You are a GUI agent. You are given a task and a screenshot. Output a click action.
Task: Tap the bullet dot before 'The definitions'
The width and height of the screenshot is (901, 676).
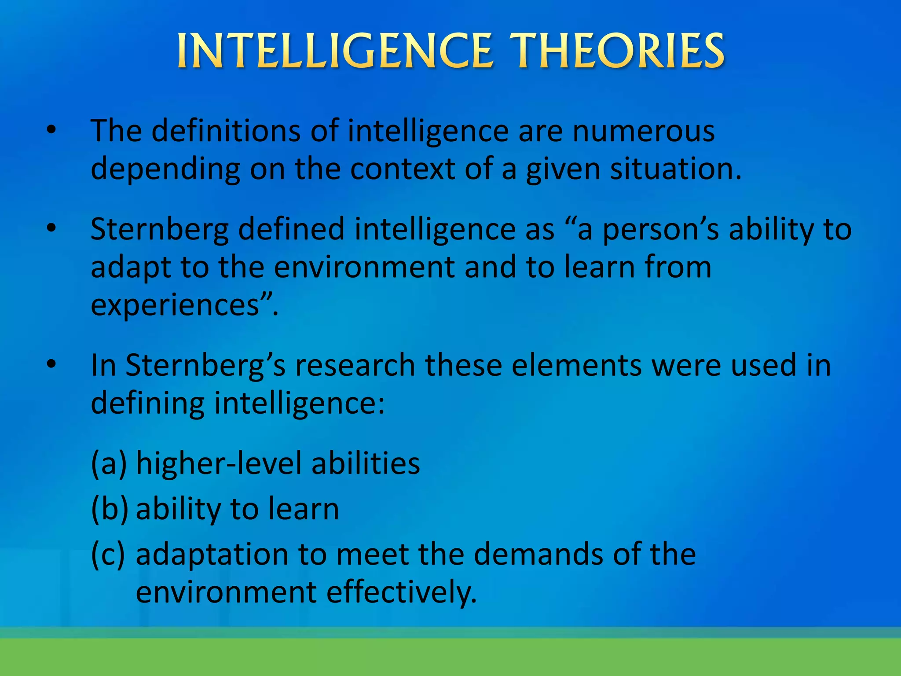pyautogui.click(x=51, y=130)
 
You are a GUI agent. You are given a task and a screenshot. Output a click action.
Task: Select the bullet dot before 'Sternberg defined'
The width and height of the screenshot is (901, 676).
pyautogui.click(x=51, y=228)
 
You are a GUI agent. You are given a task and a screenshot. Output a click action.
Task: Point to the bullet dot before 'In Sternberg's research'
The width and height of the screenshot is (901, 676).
pyautogui.click(x=51, y=364)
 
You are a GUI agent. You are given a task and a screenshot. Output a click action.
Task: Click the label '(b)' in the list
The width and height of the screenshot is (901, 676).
pyautogui.click(x=110, y=509)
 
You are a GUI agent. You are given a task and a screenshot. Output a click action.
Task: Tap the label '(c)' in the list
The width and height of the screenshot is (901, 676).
pyautogui.click(x=108, y=554)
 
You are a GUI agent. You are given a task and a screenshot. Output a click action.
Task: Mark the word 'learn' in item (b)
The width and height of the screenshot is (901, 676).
pyautogui.click(x=304, y=509)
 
